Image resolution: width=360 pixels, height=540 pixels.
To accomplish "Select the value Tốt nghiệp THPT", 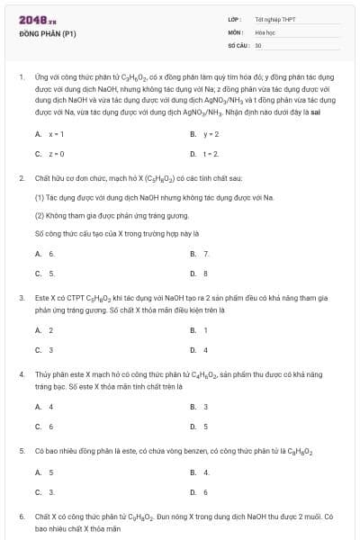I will (x=275, y=19).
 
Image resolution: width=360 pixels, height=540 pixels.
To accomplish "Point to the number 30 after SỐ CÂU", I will (x=258, y=44).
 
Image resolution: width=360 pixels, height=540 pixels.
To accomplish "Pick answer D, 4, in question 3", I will (x=205, y=349).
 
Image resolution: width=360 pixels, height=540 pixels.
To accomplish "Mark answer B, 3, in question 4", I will (x=205, y=407).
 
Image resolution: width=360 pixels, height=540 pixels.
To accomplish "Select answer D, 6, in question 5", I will (x=205, y=492).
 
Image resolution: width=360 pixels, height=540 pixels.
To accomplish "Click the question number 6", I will (x=21, y=517).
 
